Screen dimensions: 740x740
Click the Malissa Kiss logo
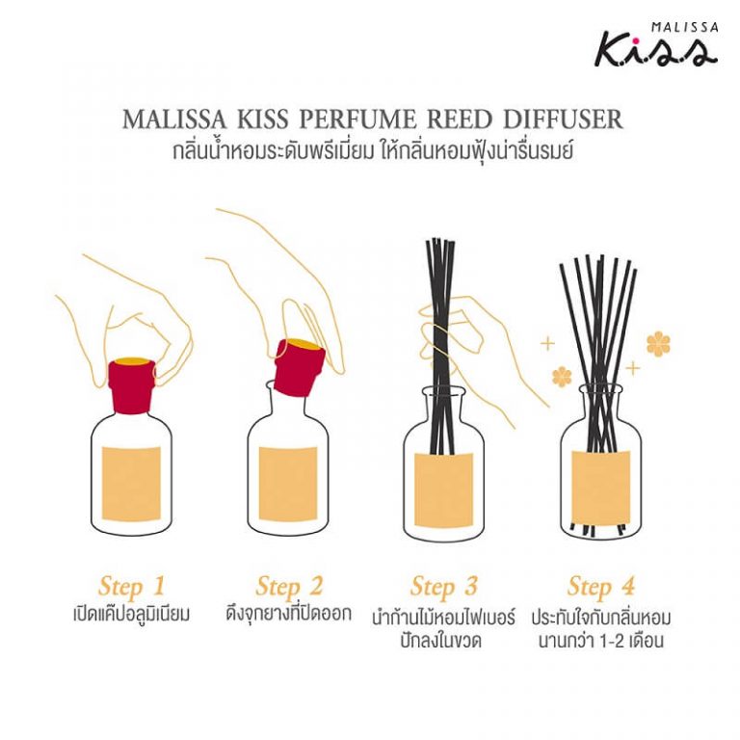pyautogui.click(x=654, y=44)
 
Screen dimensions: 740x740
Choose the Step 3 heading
pyautogui.click(x=444, y=586)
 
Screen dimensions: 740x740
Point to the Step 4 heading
pyautogui.click(x=601, y=586)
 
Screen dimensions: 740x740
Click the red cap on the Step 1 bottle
pyautogui.click(x=132, y=382)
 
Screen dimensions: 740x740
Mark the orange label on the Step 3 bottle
pyautogui.click(x=444, y=487)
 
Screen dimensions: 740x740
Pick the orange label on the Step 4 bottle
pyautogui.click(x=601, y=487)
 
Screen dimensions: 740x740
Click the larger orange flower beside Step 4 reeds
pyautogui.click(x=658, y=344)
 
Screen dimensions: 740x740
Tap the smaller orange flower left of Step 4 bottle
pyautogui.click(x=561, y=376)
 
